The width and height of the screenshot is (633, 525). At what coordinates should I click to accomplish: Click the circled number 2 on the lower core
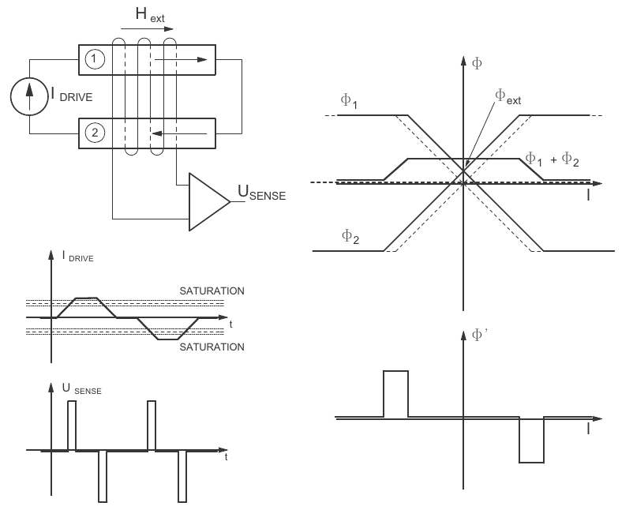click(96, 132)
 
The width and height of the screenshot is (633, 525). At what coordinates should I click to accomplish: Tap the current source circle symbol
click(30, 96)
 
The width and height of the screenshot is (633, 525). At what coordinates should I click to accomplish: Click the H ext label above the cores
click(148, 15)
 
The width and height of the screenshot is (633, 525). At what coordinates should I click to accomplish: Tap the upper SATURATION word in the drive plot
click(211, 291)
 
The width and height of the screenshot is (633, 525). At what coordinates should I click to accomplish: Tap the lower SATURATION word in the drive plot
click(211, 347)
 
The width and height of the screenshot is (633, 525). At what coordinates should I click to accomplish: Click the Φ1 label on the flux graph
click(350, 99)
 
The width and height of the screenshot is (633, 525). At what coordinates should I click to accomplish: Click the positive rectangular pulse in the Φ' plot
click(395, 392)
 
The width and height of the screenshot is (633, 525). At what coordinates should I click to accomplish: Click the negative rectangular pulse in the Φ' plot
click(531, 440)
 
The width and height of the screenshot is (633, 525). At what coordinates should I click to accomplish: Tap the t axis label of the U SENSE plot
click(227, 456)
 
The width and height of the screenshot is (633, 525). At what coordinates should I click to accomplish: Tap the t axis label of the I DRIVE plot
click(230, 324)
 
